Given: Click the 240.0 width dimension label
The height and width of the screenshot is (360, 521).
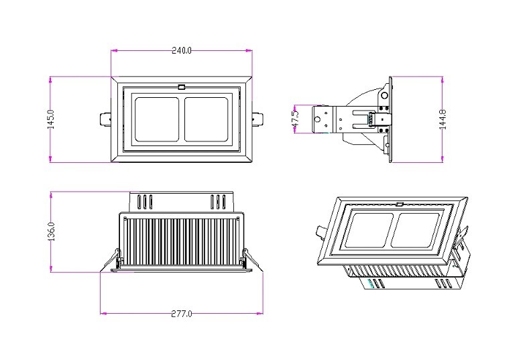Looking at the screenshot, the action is click(x=182, y=50).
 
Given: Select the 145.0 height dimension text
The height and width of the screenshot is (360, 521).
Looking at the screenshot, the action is click(x=51, y=119).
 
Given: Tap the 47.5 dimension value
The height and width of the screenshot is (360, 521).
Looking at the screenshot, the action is click(x=296, y=119).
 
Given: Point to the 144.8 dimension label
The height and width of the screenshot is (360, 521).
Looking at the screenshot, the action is click(x=443, y=119).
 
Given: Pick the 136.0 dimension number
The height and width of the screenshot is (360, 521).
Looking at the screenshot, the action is click(x=51, y=231).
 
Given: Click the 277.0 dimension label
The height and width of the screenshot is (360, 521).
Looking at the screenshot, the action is click(x=182, y=314).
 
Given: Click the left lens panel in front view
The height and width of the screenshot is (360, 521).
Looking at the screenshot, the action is click(x=156, y=119).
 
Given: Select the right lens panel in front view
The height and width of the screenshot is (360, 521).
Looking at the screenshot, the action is click(x=207, y=119).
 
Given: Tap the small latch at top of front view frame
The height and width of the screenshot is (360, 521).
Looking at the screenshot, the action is click(x=182, y=87).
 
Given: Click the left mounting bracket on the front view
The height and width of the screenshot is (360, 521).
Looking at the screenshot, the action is click(x=105, y=119).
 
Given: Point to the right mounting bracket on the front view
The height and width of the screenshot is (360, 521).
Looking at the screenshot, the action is click(x=257, y=119).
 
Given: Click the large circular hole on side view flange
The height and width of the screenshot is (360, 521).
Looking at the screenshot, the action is click(x=384, y=96).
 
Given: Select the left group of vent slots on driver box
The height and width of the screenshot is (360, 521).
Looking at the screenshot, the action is click(x=145, y=202).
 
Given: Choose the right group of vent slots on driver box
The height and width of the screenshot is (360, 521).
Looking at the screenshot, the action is click(x=218, y=202).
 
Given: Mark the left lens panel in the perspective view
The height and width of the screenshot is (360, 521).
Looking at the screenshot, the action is click(x=369, y=230).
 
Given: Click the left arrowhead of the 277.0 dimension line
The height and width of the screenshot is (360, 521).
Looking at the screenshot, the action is click(x=103, y=313).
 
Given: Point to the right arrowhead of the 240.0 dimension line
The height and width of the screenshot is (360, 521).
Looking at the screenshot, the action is click(x=249, y=50).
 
